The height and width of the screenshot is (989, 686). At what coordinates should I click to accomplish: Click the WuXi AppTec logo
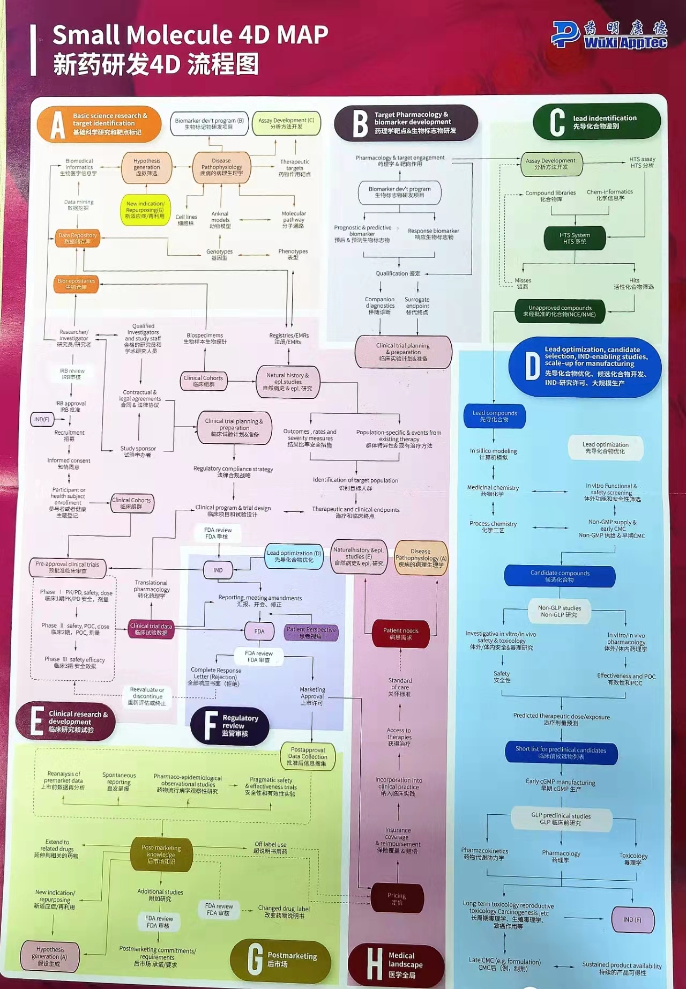(609, 35)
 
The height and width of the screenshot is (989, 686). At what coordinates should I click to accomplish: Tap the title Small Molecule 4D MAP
(190, 35)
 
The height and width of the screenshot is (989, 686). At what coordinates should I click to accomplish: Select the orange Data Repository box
(78, 239)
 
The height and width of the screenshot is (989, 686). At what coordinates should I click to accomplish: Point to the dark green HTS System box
(575, 239)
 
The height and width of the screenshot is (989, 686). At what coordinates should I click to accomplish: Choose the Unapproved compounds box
(560, 311)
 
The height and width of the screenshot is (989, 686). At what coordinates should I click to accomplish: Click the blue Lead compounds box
(494, 416)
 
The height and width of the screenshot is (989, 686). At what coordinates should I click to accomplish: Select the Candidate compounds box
(560, 576)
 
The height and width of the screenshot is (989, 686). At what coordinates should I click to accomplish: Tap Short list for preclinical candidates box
(561, 753)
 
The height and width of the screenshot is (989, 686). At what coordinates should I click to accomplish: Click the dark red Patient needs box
(400, 634)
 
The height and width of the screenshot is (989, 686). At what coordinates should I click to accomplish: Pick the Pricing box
(397, 898)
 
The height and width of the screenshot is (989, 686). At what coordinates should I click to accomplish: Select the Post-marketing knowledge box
(161, 854)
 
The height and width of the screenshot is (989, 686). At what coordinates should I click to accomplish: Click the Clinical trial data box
(151, 629)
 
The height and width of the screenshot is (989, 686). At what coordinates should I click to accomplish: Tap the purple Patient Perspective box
(311, 633)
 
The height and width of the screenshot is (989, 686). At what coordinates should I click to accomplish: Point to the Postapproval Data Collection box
(308, 756)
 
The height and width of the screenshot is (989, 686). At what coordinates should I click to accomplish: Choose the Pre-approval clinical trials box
(67, 567)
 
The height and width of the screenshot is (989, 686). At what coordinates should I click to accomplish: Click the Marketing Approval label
(312, 696)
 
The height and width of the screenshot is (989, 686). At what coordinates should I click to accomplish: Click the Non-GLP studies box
(560, 611)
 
